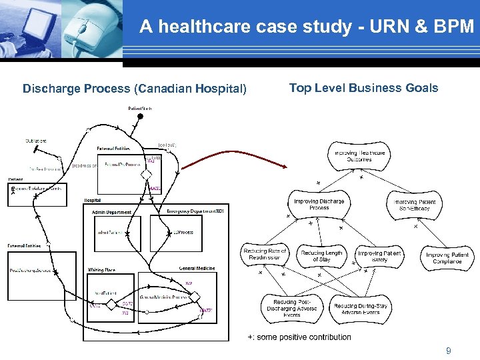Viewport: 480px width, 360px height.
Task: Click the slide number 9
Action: point(448,350)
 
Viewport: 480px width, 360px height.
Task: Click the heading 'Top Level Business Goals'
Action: point(363,88)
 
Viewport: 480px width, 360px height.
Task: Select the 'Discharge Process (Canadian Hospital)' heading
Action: point(135,89)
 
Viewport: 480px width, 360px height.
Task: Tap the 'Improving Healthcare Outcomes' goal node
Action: point(359,156)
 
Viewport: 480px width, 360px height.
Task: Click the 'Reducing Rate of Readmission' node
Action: point(265,255)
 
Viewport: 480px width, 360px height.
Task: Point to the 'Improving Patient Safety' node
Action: point(379,256)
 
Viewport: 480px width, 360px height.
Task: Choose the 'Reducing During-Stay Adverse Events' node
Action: point(360,309)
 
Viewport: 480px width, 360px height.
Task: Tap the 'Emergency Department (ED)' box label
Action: point(195,211)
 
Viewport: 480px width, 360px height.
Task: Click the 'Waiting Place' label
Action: point(101,269)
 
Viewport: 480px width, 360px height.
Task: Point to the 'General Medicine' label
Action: point(197,268)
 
